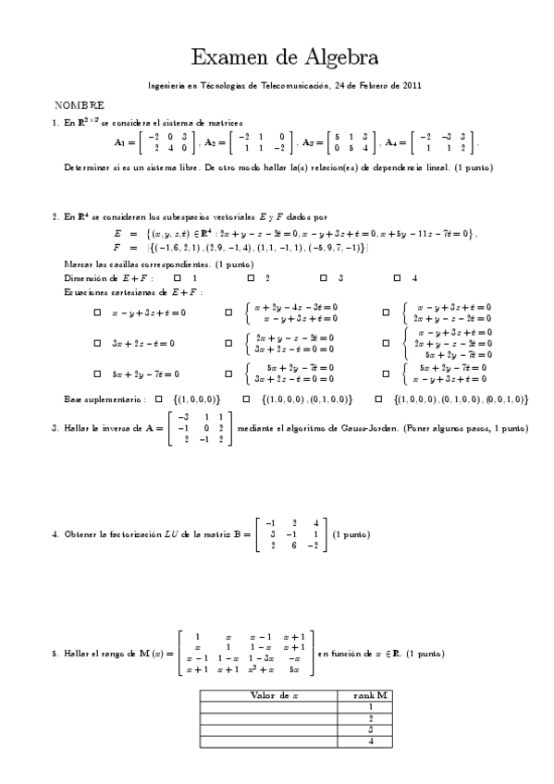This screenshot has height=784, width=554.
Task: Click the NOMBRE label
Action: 79,106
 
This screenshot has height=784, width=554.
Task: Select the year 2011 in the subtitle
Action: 412,85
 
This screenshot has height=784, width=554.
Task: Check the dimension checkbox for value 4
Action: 397,277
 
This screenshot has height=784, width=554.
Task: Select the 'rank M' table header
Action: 370,694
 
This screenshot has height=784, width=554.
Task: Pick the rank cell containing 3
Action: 370,729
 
